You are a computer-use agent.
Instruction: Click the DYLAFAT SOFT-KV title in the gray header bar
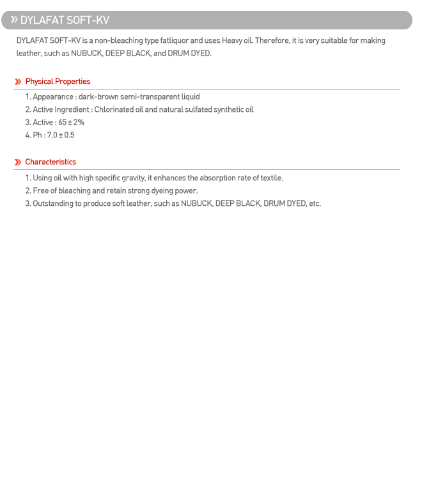pyautogui.click(x=65, y=20)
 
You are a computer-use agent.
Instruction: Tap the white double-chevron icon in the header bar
pyautogui.click(x=14, y=20)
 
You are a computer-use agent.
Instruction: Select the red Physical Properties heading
pyautogui.click(x=58, y=82)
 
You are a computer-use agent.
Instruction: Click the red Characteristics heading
pyautogui.click(x=51, y=162)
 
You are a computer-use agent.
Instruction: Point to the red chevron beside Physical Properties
pyautogui.click(x=18, y=82)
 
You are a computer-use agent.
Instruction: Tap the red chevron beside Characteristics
pyautogui.click(x=18, y=162)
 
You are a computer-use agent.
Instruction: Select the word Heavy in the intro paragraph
pyautogui.click(x=232, y=41)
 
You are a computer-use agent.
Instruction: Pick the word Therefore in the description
pyautogui.click(x=272, y=41)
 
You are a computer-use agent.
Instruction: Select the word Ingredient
pyautogui.click(x=72, y=110)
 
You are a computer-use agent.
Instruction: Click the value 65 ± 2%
pyautogui.click(x=71, y=123)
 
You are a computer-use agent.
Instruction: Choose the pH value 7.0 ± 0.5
pyautogui.click(x=61, y=136)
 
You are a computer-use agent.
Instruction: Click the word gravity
pyautogui.click(x=132, y=178)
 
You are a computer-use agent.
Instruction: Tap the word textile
pyautogui.click(x=271, y=178)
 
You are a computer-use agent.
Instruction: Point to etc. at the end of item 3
pyautogui.click(x=315, y=204)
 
